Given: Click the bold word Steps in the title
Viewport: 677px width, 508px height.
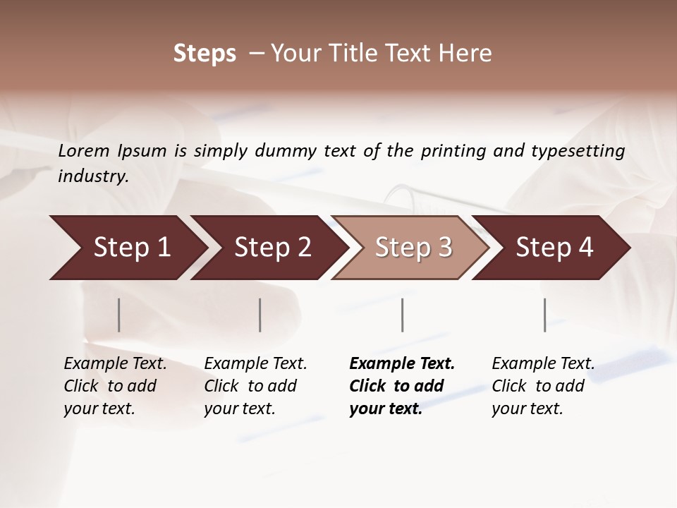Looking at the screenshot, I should point(205,54).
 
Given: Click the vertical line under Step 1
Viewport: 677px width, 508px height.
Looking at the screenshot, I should point(119,315).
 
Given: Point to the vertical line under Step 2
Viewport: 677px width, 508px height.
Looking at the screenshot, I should point(260,315).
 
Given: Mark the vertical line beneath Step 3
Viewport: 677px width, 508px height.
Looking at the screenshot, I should point(402,315).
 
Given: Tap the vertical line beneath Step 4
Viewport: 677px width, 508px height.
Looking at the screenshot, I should point(544,315).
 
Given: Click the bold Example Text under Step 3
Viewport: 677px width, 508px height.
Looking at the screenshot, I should point(402,364).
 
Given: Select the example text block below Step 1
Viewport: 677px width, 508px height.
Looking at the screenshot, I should point(115,386).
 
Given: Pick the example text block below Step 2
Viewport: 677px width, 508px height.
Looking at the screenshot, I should point(255,386).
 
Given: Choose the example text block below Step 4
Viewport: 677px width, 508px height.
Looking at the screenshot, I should point(543,386).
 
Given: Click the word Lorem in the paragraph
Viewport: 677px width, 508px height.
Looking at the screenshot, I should point(84,151).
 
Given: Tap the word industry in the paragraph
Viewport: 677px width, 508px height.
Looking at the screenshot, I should point(93,176).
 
